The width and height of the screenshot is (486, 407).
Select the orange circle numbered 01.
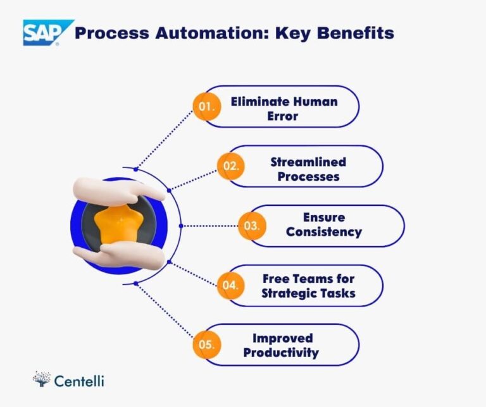[x=207, y=107]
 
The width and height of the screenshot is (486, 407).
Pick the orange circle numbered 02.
[x=230, y=166]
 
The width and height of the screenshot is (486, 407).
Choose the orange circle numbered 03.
[x=252, y=226]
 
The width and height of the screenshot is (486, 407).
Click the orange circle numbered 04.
[x=230, y=285]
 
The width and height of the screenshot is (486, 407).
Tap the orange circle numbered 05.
[x=207, y=345]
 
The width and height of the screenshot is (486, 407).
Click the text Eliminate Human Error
[x=283, y=108]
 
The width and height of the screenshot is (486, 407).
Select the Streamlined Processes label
[x=308, y=169]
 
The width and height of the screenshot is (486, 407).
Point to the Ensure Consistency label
[x=323, y=225]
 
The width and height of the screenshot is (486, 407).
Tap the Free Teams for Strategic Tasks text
[x=308, y=286]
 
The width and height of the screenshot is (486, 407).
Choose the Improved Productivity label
[x=282, y=345]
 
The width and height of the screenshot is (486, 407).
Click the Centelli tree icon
[x=41, y=379]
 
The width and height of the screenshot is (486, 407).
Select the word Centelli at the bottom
[x=79, y=380]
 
